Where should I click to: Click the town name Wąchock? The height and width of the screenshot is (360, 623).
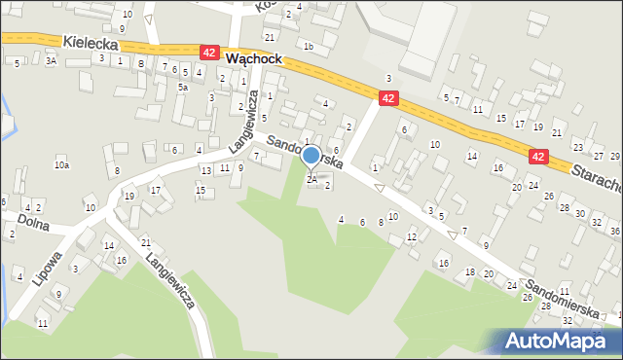tap(253, 58)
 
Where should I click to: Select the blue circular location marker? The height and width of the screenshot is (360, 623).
tap(311, 155)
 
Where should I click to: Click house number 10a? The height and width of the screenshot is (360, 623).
tap(61, 165)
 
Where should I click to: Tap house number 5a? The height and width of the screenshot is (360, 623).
tap(182, 87)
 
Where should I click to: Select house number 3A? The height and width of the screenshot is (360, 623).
tap(51, 60)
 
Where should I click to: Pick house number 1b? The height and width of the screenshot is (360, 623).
tap(309, 46)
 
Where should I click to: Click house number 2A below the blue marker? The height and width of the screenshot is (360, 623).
tap(311, 179)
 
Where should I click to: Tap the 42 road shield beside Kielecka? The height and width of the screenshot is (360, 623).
tap(209, 52)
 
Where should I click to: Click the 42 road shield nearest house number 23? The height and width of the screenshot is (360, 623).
tap(538, 155)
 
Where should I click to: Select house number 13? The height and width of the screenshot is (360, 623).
tap(205, 170)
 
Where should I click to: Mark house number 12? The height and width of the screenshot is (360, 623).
tap(412, 236)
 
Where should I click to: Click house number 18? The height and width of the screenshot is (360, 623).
tap(470, 271)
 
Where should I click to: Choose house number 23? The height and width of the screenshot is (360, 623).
tap(578, 147)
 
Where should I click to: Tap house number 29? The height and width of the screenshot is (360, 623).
tap(614, 156)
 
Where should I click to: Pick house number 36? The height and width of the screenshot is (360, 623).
tap(614, 231)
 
